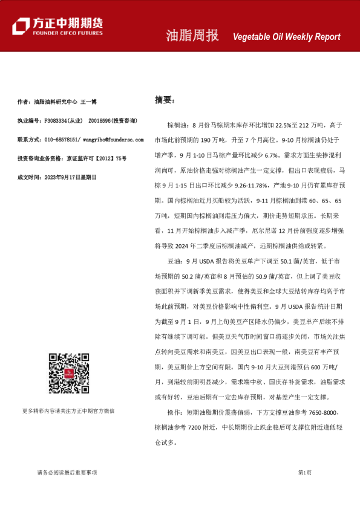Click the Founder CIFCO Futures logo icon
[x=21, y=25]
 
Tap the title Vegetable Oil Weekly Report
[x=287, y=36]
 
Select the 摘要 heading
[x=164, y=100]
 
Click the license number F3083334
[x=55, y=121]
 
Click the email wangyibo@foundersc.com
[x=113, y=140]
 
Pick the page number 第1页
[x=304, y=472]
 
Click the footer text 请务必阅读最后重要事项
[x=67, y=472]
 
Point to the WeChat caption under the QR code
[x=68, y=410]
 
